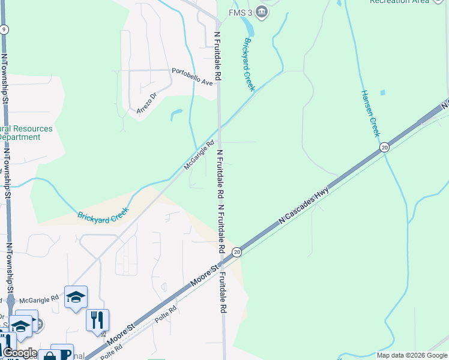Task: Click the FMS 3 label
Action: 240,12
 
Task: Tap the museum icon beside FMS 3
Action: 261,11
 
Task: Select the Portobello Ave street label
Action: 193,77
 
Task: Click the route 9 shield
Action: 5,29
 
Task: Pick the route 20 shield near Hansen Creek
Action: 384,147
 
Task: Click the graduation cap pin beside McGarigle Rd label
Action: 76,296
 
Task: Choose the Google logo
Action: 20,353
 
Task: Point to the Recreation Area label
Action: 399,2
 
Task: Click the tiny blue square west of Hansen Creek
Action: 382,92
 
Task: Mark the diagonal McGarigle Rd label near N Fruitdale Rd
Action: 199,155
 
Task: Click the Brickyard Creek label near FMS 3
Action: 249,65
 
